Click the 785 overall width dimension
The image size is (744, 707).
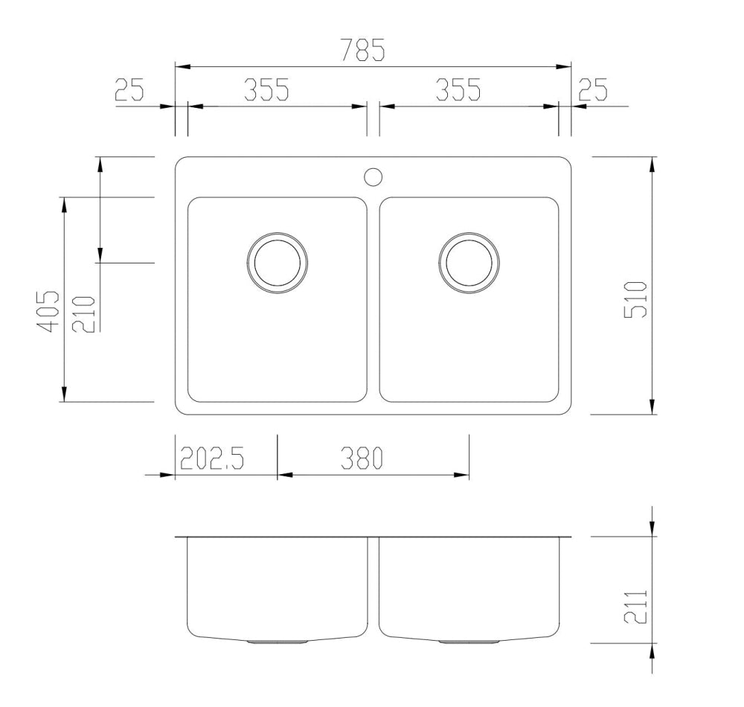point(363,51)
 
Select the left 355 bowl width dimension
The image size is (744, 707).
point(266,90)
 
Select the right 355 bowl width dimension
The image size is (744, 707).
point(458,90)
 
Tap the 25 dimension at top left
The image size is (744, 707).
point(129,90)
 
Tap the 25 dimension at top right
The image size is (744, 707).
point(593,90)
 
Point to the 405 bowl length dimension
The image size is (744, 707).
point(49,311)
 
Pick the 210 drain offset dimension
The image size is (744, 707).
point(84,314)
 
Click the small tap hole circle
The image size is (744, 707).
point(373,176)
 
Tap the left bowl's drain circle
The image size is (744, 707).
point(277,263)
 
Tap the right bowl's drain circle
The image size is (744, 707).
point(469,263)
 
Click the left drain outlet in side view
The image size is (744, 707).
point(277,641)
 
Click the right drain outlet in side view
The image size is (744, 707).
point(469,641)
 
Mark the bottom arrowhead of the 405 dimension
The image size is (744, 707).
point(65,394)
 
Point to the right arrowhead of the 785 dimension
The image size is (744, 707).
point(565,67)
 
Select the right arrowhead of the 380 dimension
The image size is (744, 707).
point(463,474)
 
